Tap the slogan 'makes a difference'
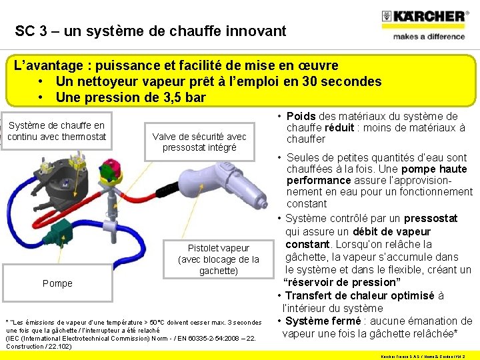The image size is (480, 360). click(x=428, y=37)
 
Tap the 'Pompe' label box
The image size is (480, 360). click(x=57, y=283)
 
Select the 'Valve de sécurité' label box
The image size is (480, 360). click(x=199, y=141)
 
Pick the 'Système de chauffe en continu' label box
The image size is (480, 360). click(x=56, y=131)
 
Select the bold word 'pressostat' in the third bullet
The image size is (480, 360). click(x=431, y=219)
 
